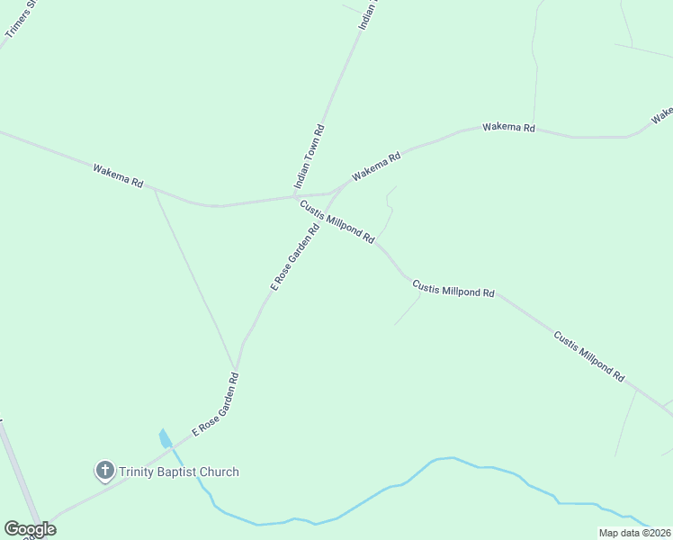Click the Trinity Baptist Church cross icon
[x=105, y=470]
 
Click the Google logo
[x=29, y=529]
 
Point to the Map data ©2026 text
[x=634, y=533]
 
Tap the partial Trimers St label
[x=19, y=19]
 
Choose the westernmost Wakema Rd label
[x=118, y=175]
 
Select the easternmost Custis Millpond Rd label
[x=588, y=357]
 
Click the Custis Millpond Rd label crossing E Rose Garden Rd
[x=337, y=220]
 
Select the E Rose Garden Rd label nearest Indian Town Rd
[x=295, y=256]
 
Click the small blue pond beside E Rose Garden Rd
[x=164, y=439]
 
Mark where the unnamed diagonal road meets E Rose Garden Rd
[x=236, y=368]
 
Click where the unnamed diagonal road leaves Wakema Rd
[x=154, y=190]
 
